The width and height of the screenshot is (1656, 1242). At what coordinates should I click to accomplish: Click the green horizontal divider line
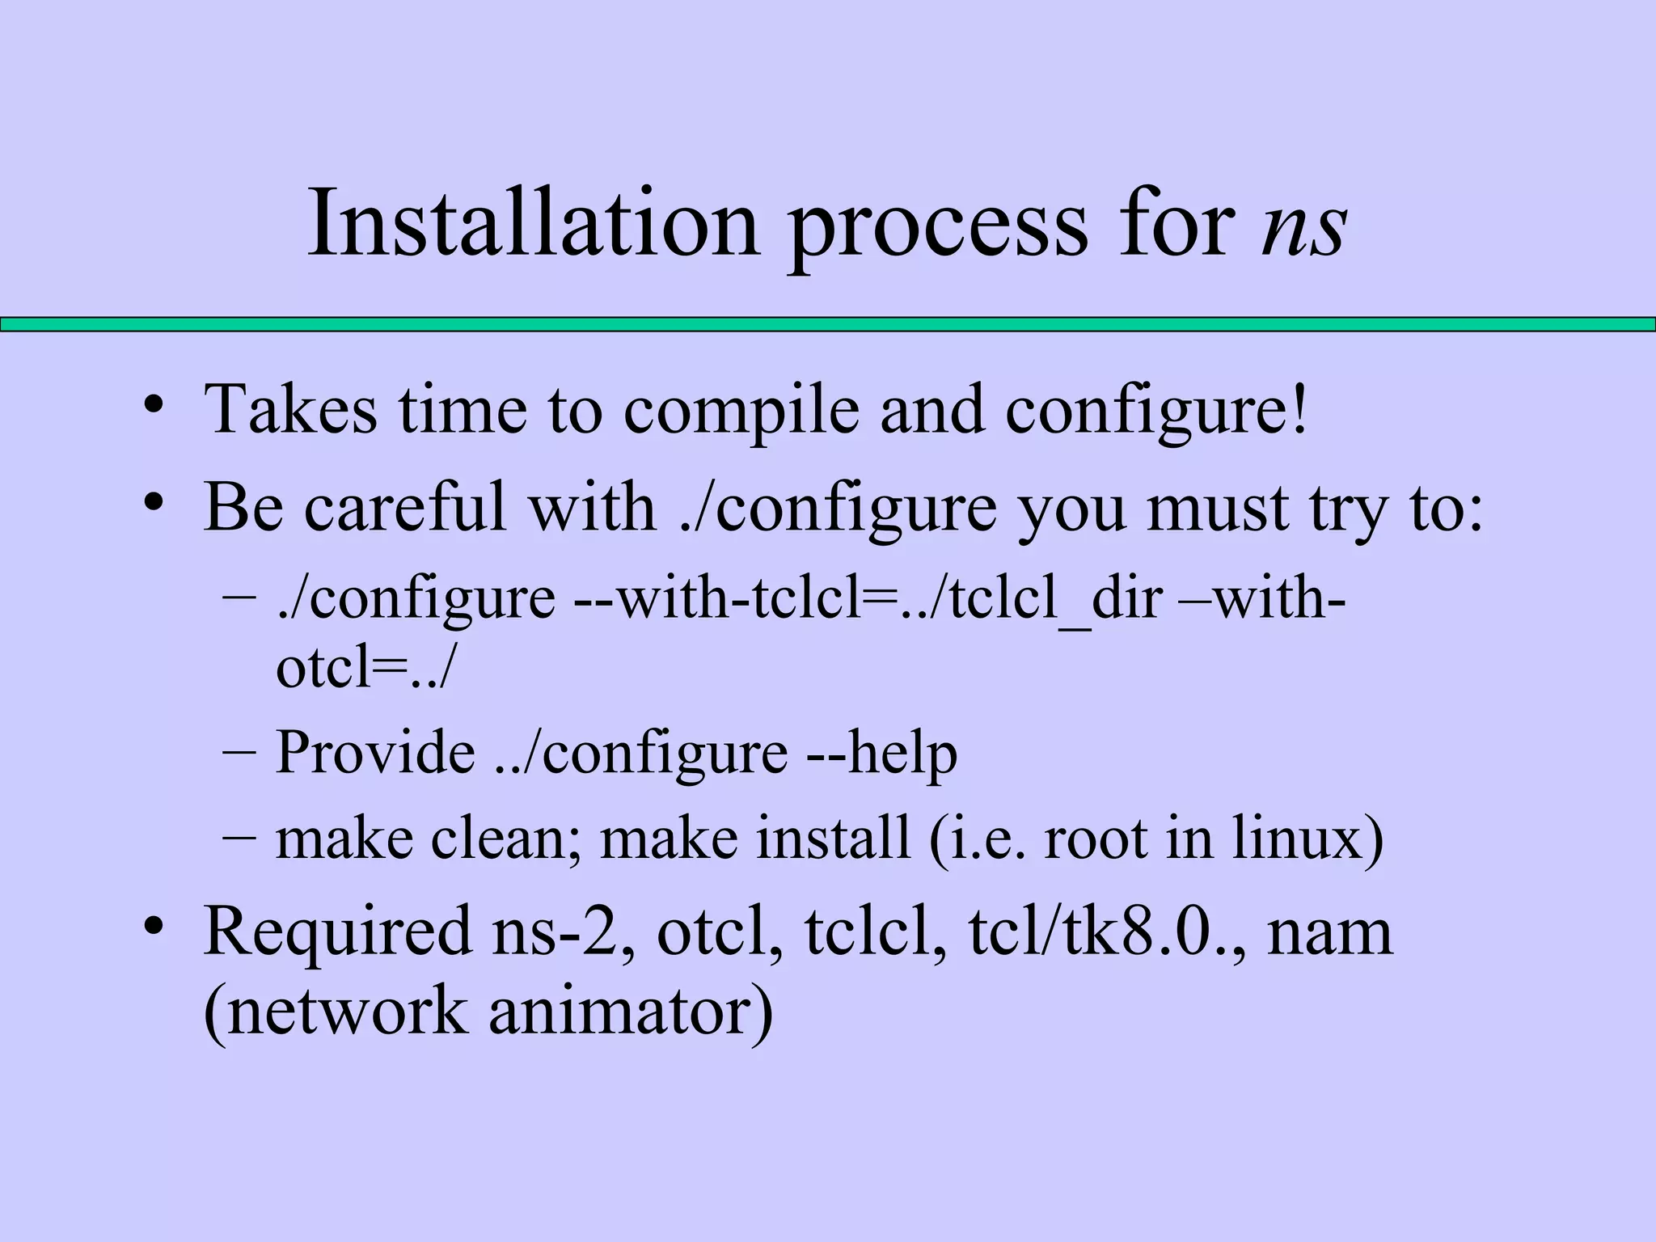coord(828,324)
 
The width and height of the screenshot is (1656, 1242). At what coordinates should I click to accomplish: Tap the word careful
coord(404,508)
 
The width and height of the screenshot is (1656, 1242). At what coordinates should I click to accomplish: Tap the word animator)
coord(631,1012)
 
